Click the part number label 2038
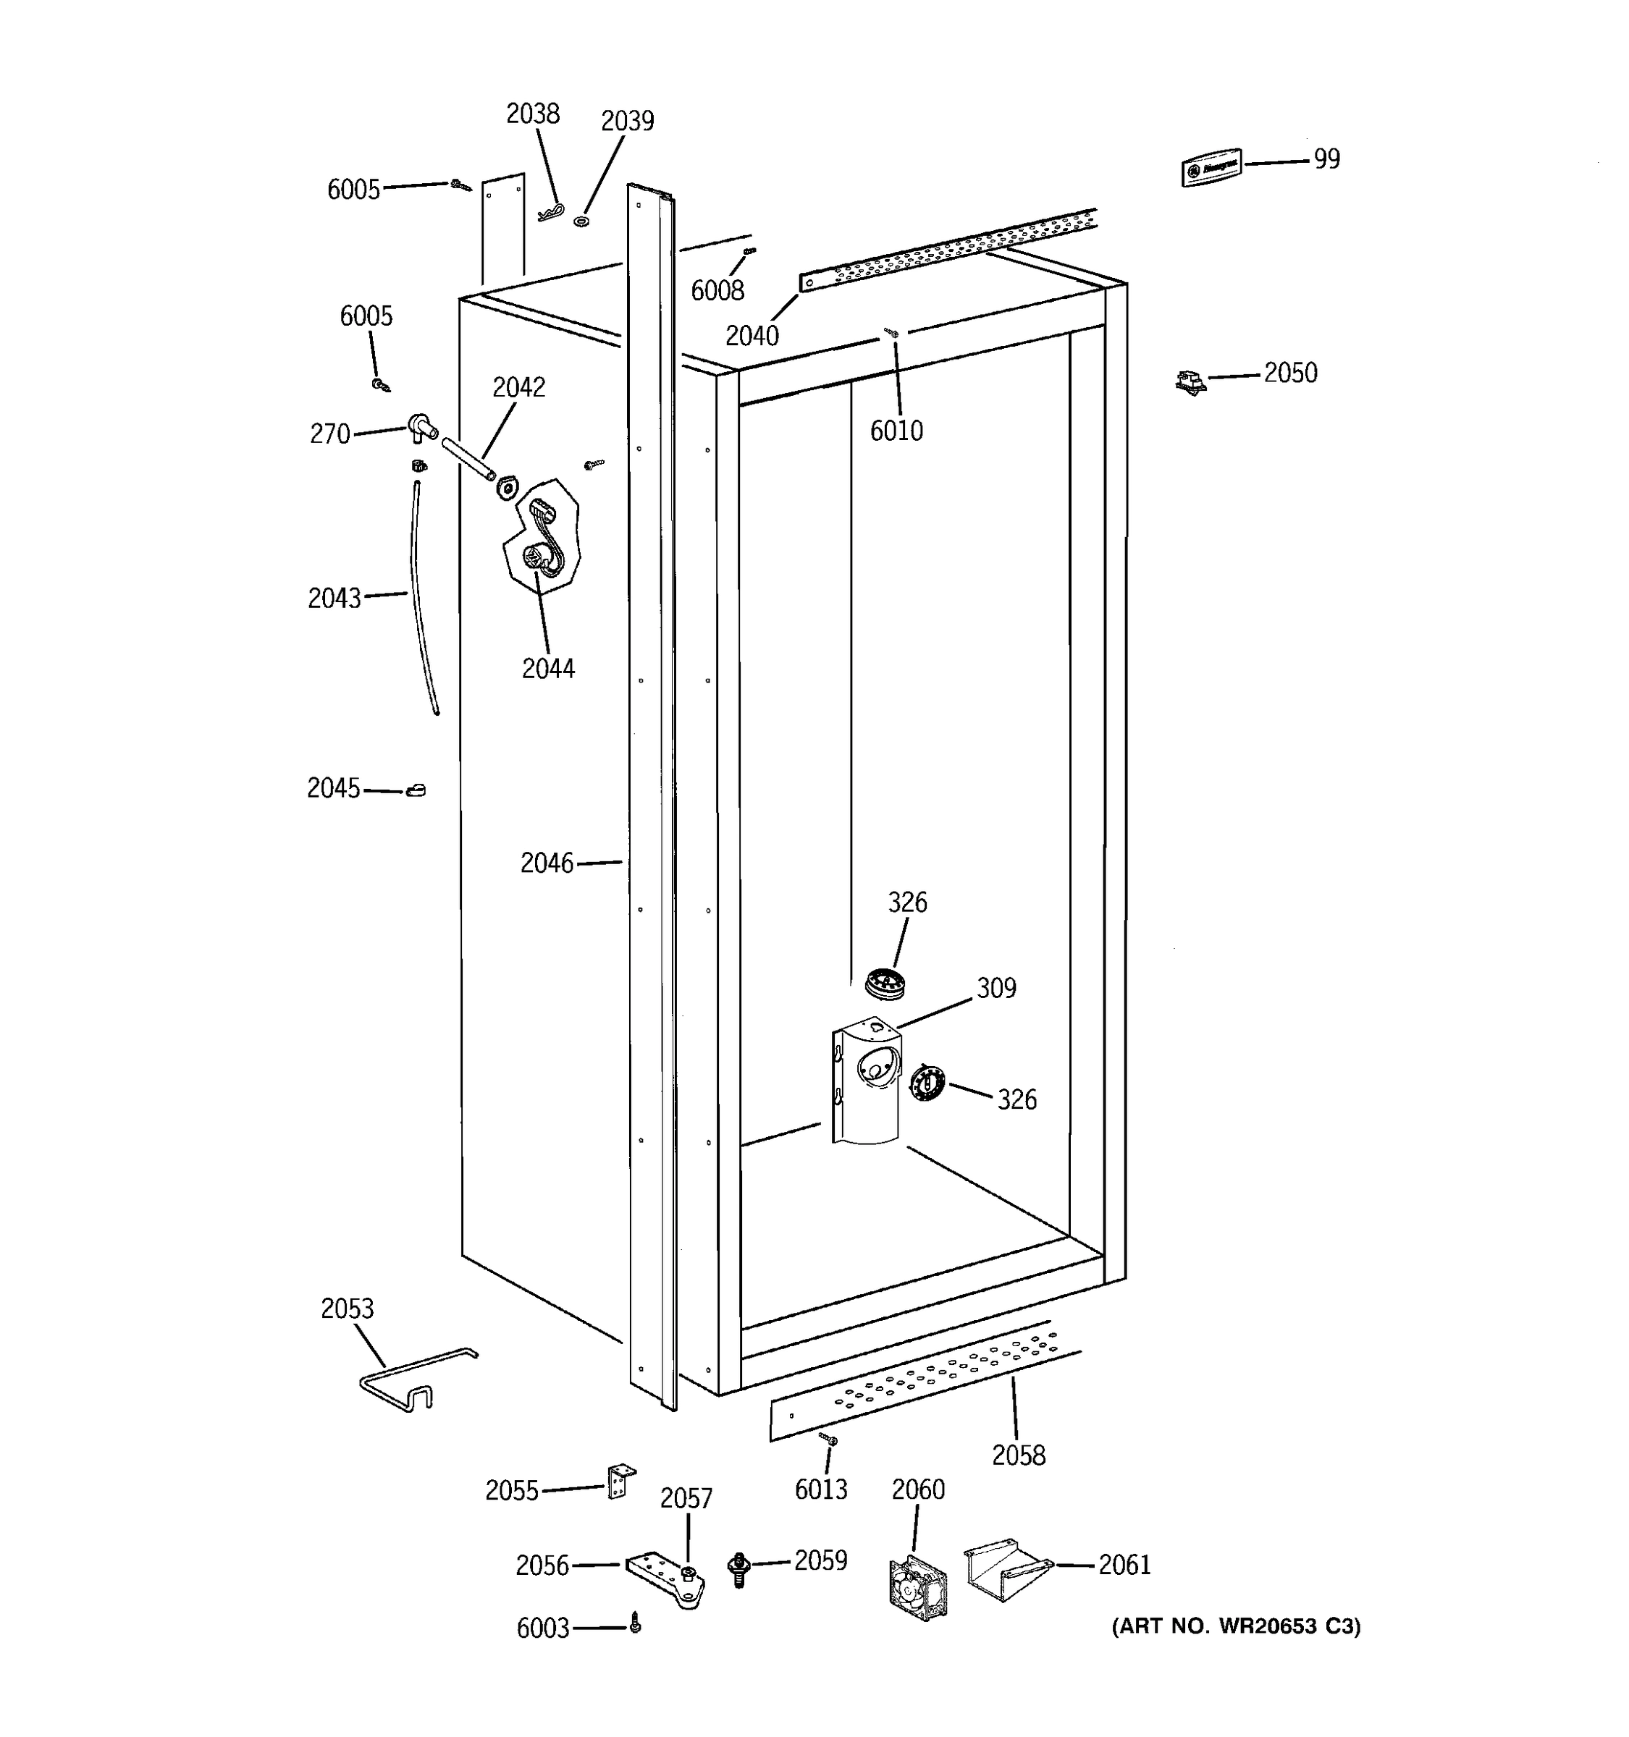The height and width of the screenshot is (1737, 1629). (532, 114)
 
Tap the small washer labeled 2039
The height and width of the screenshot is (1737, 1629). (581, 222)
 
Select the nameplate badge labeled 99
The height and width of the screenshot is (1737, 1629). (1211, 167)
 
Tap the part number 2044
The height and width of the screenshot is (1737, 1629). (548, 669)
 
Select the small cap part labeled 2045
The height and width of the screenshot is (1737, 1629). (416, 791)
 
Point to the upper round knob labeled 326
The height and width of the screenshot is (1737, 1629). (885, 982)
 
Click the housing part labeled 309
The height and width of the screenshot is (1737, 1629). (865, 1082)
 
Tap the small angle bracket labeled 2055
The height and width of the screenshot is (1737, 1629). (620, 1481)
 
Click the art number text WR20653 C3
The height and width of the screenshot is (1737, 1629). (1235, 1626)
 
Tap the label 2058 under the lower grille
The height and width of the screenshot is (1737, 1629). (1018, 1455)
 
